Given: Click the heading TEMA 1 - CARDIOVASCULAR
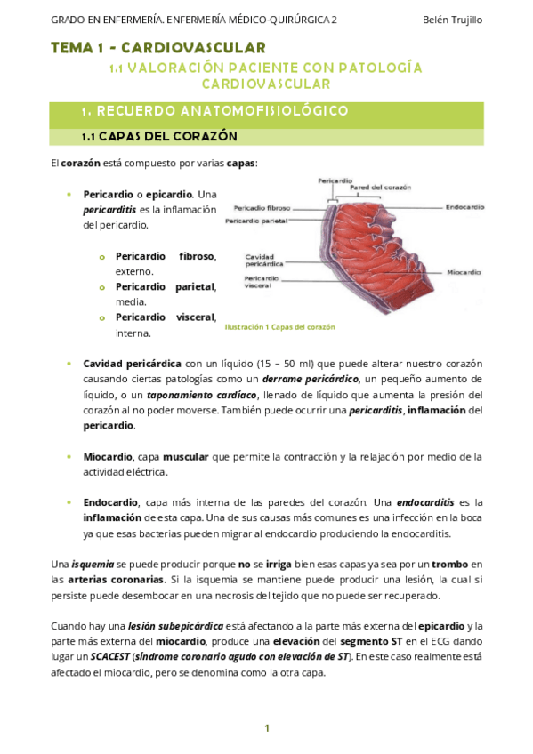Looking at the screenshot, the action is [x=158, y=47].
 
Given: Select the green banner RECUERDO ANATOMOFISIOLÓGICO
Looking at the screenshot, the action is [x=214, y=111].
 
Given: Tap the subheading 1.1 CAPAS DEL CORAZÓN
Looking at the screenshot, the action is [x=159, y=137].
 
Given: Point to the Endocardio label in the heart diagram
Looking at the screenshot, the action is [x=464, y=206].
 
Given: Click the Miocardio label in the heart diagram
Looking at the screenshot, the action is [x=464, y=271].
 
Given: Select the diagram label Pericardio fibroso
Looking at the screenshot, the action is [x=262, y=208].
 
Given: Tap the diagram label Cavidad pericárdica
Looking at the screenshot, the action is [x=264, y=259].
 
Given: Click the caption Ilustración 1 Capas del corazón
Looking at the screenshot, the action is [x=279, y=326].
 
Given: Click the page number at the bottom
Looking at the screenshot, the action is [x=266, y=728].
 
